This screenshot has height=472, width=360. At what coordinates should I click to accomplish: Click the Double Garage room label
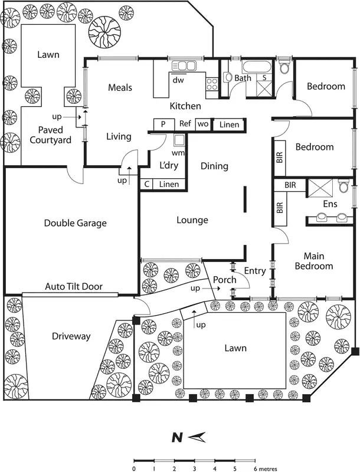75,223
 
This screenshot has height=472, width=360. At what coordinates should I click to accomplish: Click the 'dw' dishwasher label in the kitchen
177,80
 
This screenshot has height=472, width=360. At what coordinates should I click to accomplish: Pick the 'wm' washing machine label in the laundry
177,152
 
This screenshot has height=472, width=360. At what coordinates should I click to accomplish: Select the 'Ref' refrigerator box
185,124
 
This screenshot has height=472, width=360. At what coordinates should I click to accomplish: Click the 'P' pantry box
163,124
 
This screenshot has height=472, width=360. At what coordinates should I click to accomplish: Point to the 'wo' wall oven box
202,124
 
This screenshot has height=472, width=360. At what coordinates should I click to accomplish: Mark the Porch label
224,280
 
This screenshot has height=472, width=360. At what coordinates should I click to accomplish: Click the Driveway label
71,336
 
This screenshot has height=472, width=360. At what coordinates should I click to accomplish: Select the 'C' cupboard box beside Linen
146,184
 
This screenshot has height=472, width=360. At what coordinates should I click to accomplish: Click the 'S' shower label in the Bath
265,77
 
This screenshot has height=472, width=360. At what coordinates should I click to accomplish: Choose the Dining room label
214,166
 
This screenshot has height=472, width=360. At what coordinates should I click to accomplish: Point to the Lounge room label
192,220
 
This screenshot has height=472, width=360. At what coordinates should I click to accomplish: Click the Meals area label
120,87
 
